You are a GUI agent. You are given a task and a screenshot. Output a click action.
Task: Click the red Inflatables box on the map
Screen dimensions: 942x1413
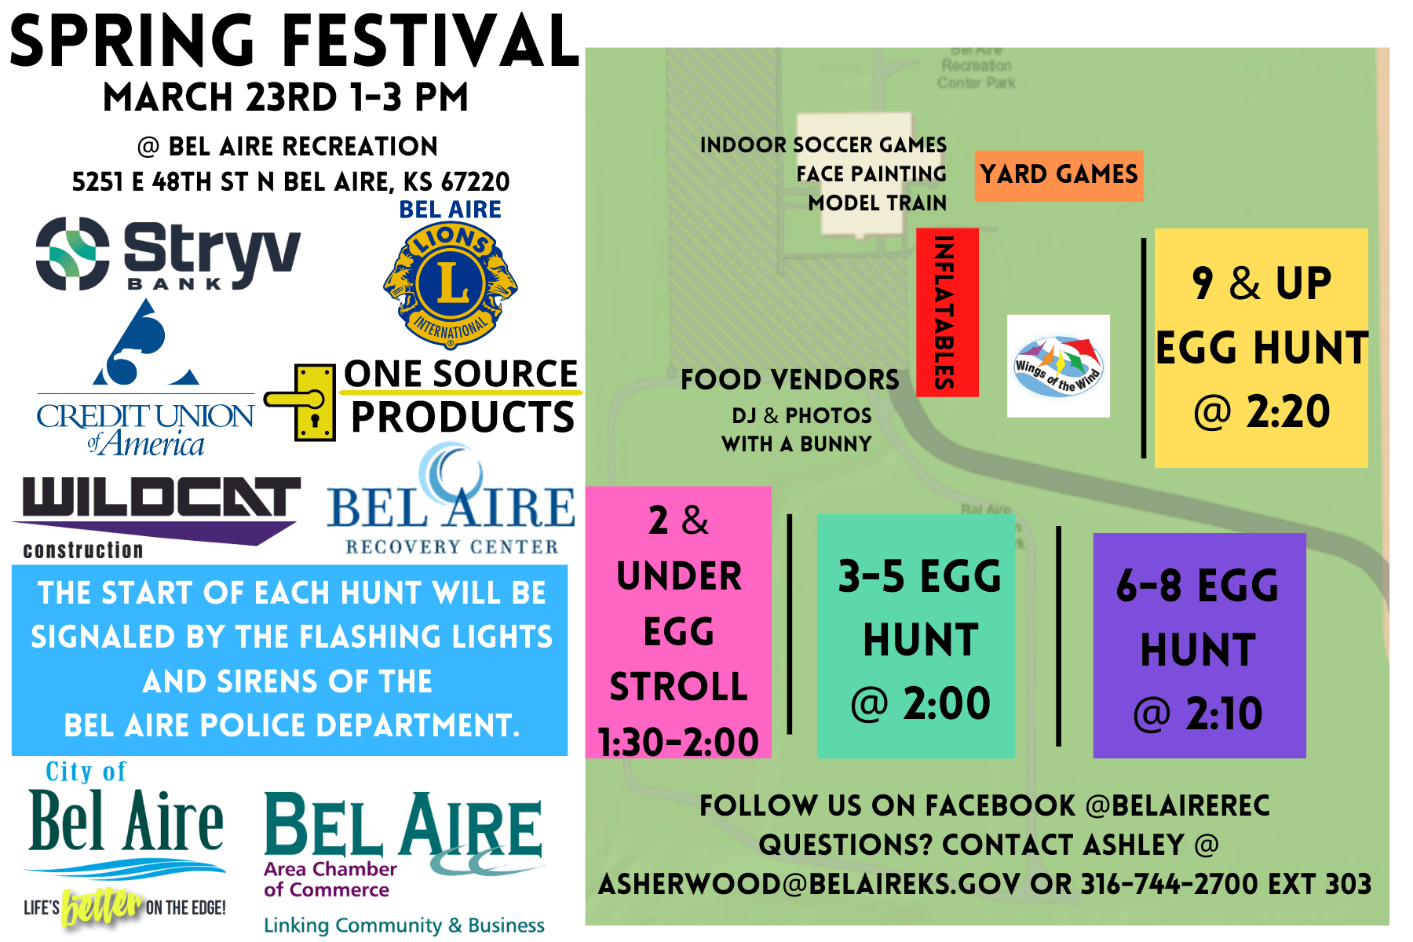pyautogui.click(x=947, y=312)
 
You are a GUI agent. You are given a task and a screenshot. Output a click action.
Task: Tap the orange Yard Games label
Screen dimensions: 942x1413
pyautogui.click(x=1058, y=175)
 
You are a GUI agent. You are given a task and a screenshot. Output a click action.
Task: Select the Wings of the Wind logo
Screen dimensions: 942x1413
pyautogui.click(x=1058, y=366)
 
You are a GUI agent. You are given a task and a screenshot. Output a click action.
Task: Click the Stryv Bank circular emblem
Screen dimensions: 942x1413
pyautogui.click(x=73, y=254)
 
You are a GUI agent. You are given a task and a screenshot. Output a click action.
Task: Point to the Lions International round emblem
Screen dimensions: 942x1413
pyautogui.click(x=451, y=284)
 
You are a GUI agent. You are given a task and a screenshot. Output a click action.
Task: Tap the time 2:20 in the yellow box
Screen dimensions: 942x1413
pyautogui.click(x=1287, y=411)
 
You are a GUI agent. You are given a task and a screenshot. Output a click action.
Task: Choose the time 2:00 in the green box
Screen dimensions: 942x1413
pyautogui.click(x=946, y=703)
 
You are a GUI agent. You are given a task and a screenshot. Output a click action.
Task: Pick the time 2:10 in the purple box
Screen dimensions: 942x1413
pyautogui.click(x=1223, y=714)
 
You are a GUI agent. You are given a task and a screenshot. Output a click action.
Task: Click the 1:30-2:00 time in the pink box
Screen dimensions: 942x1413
pyautogui.click(x=678, y=743)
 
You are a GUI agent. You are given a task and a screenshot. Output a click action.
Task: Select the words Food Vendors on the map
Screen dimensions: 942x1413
pyautogui.click(x=790, y=380)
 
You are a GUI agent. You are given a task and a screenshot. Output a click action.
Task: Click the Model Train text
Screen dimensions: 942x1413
pyautogui.click(x=877, y=203)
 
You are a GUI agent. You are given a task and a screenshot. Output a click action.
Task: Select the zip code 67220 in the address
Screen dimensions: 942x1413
pyautogui.click(x=475, y=182)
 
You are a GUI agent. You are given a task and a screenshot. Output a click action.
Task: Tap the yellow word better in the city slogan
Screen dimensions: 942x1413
pyautogui.click(x=102, y=907)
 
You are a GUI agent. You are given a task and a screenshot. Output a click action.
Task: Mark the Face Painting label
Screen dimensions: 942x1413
pyautogui.click(x=871, y=174)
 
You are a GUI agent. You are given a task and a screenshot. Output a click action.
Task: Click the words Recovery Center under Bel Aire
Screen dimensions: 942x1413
pyautogui.click(x=451, y=547)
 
